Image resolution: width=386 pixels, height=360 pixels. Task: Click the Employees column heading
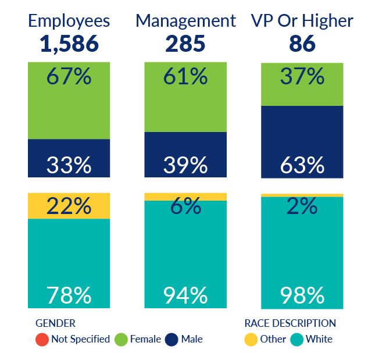69,22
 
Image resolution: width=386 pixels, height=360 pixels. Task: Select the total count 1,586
69,44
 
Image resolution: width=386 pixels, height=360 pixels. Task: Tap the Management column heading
185,22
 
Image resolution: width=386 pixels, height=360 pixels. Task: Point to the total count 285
185,44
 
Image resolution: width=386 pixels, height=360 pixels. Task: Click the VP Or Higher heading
302,22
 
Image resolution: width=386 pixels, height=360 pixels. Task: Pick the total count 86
302,44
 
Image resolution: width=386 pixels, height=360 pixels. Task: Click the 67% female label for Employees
69,76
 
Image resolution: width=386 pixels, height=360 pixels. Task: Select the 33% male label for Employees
69,165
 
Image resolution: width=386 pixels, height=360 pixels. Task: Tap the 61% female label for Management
185,76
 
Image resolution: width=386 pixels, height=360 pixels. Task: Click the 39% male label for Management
185,165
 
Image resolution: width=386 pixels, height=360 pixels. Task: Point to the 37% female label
302,76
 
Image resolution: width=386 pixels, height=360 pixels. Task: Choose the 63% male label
302,165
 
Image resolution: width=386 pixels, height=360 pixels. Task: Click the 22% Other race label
69,206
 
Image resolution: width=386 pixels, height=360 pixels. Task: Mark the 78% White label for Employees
69,295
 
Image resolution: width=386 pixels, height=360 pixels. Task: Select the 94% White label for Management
185,295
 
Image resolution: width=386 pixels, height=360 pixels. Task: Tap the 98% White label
302,295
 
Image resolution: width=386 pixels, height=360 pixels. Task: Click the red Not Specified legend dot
41,339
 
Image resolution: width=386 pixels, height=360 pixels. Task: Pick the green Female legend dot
121,339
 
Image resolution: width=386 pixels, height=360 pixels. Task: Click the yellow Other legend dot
251,339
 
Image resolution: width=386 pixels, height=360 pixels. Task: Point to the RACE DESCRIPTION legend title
290,323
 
